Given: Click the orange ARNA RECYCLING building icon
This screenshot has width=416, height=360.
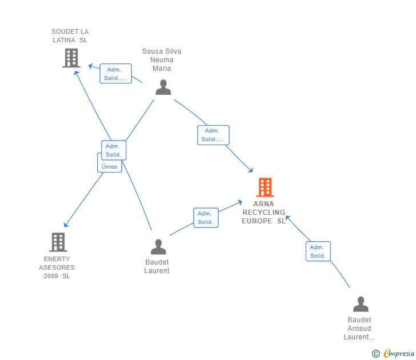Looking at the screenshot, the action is tap(265, 187).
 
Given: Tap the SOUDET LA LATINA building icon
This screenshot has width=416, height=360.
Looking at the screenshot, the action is tap(71, 58).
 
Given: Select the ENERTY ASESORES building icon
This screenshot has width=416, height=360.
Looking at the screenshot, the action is tap(58, 242).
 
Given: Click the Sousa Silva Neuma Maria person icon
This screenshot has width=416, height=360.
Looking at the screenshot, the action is tap(163, 87).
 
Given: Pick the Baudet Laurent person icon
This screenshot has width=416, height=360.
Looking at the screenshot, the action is tap(158, 247).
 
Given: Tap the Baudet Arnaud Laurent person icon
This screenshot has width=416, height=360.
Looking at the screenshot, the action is tap(361, 304).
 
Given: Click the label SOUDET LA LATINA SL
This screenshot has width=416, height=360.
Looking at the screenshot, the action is tap(70, 36).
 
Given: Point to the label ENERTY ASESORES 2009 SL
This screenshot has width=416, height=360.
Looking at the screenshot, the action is tap(57, 267).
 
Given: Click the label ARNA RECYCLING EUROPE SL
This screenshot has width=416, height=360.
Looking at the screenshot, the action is tap(264, 212).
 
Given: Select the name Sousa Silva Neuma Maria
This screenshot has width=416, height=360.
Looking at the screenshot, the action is tap(162, 59).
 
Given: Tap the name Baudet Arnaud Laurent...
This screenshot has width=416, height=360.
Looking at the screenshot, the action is tap(359, 329).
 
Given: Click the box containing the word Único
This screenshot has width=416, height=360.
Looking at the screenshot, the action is tap(109, 166).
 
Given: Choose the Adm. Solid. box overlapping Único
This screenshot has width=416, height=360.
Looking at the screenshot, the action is tap(114, 150).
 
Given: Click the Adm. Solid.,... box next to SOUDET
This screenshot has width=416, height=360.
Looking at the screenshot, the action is tap(115, 74).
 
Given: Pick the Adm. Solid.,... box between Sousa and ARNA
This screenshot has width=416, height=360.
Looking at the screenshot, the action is tap(213, 135).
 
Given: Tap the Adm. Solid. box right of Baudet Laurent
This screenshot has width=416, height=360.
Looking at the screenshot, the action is tap(206, 218).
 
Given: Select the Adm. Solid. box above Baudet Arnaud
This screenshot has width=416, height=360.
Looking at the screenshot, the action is tap(318, 251).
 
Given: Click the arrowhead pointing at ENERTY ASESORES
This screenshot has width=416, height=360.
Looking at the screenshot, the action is tap(66, 225).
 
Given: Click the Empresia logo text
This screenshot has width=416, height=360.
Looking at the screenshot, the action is tap(399, 353).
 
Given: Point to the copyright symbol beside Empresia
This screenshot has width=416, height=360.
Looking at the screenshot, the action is tap(375, 354).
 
